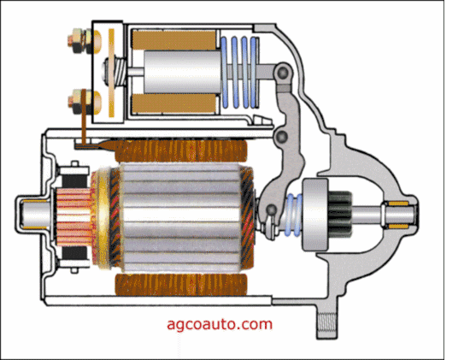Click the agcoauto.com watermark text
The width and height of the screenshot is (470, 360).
point(220,325)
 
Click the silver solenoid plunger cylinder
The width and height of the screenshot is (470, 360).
point(182,71)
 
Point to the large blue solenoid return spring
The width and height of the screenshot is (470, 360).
point(240,72)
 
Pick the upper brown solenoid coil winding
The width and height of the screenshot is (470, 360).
point(174,40)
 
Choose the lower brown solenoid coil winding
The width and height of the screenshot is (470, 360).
point(174,103)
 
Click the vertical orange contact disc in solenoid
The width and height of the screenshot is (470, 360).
point(111,73)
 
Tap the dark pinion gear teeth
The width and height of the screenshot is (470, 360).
point(339,214)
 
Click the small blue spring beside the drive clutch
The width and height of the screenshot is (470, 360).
point(294,214)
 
